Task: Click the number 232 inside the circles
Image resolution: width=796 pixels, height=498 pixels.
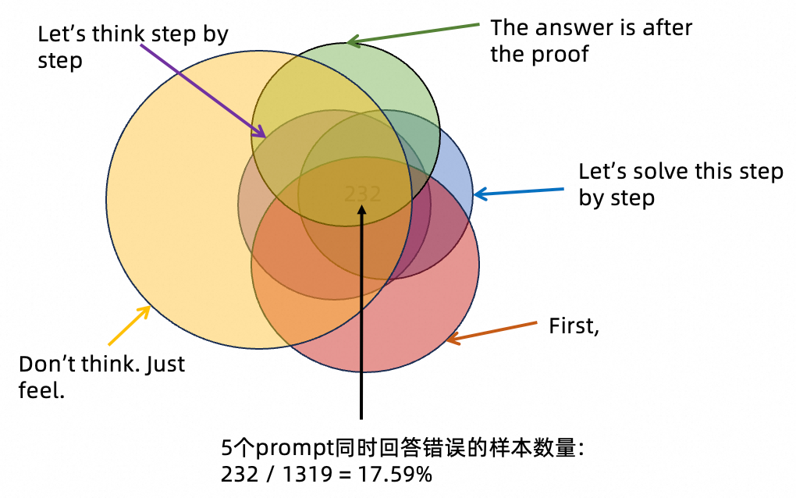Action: pos(363,194)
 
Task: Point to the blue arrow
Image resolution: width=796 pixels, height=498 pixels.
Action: pos(519,190)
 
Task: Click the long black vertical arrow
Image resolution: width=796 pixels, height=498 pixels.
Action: pos(361,312)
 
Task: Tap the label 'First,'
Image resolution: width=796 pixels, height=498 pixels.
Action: pos(574,325)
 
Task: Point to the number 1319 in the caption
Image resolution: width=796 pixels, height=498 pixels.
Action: pos(300,473)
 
